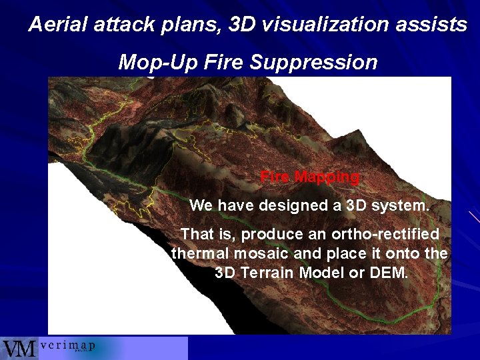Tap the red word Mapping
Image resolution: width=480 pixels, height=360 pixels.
(327, 177)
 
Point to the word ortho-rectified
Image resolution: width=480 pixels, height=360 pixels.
(381, 235)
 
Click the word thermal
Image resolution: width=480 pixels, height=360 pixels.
(199, 253)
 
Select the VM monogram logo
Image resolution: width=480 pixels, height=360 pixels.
(19, 349)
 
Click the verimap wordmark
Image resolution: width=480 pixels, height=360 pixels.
(67, 346)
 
